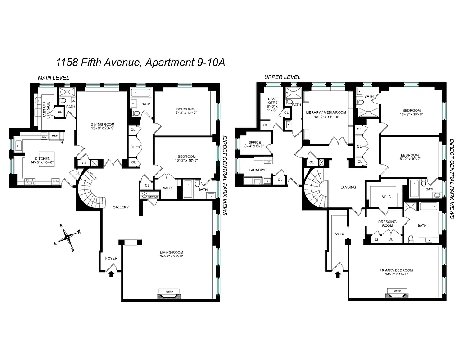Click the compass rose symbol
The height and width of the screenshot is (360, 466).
coord(67,236)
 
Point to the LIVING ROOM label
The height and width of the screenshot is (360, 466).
coord(172,255)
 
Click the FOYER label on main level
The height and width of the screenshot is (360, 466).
coord(111,258)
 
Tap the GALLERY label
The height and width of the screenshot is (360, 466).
coord(121,207)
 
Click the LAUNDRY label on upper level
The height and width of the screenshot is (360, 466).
coord(257,170)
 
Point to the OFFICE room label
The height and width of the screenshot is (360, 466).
coord(255,143)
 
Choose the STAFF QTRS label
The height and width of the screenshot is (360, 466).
coord(273,103)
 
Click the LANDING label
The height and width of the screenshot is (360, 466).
coord(348,187)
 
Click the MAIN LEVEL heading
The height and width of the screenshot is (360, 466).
coord(54,77)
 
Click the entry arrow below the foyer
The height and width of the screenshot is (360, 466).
coord(110,274)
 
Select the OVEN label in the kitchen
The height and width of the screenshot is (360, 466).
coord(56,181)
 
